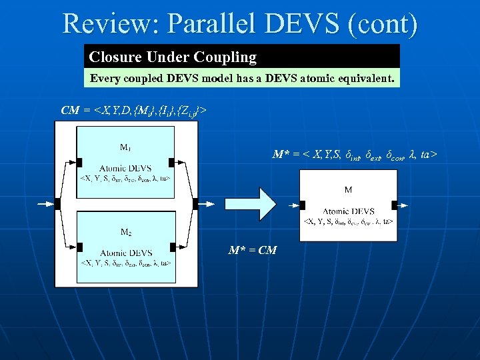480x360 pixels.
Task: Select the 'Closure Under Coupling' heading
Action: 173,57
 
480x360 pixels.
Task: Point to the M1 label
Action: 125,147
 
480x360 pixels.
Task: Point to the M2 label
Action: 125,232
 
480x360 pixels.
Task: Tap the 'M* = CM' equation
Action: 253,251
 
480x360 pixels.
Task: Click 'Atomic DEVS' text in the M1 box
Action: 125,168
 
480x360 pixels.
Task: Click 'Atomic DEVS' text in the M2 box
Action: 125,253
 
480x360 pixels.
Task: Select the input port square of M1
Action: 79,162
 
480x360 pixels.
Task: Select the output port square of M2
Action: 172,247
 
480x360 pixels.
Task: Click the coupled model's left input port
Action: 59,203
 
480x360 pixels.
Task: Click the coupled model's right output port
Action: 195,203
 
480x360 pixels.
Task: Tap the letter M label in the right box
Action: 348,190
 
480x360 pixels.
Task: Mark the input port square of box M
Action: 302,205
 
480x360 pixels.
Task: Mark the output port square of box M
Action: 395,205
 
